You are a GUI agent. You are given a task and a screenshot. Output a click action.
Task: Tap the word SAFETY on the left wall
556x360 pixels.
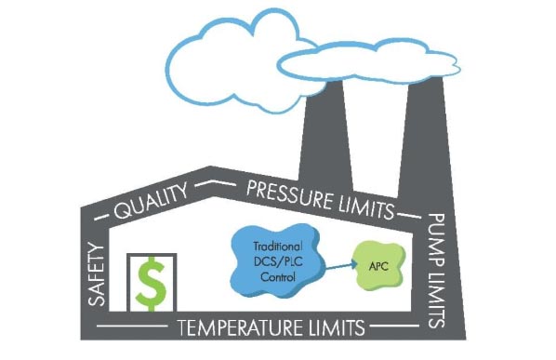(97, 274)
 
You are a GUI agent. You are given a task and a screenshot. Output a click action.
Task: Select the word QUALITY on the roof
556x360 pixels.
(151, 201)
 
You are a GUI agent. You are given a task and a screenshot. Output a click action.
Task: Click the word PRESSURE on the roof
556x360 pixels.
(288, 194)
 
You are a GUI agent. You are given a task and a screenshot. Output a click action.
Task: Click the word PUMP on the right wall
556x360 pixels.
(436, 241)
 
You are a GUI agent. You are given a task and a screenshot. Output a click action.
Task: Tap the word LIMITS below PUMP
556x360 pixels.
(436, 300)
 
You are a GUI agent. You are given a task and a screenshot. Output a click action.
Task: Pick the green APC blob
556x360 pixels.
(379, 265)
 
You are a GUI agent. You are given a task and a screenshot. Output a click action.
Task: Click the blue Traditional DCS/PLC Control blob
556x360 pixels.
(278, 260)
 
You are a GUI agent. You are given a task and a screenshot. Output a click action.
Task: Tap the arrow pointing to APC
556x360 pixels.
(341, 266)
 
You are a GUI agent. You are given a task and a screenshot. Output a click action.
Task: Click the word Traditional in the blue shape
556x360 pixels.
(278, 247)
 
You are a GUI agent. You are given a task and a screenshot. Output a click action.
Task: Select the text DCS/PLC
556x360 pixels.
(278, 261)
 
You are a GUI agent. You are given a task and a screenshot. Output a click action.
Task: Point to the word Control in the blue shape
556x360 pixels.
(278, 276)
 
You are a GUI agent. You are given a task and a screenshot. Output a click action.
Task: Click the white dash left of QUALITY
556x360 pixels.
(101, 217)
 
